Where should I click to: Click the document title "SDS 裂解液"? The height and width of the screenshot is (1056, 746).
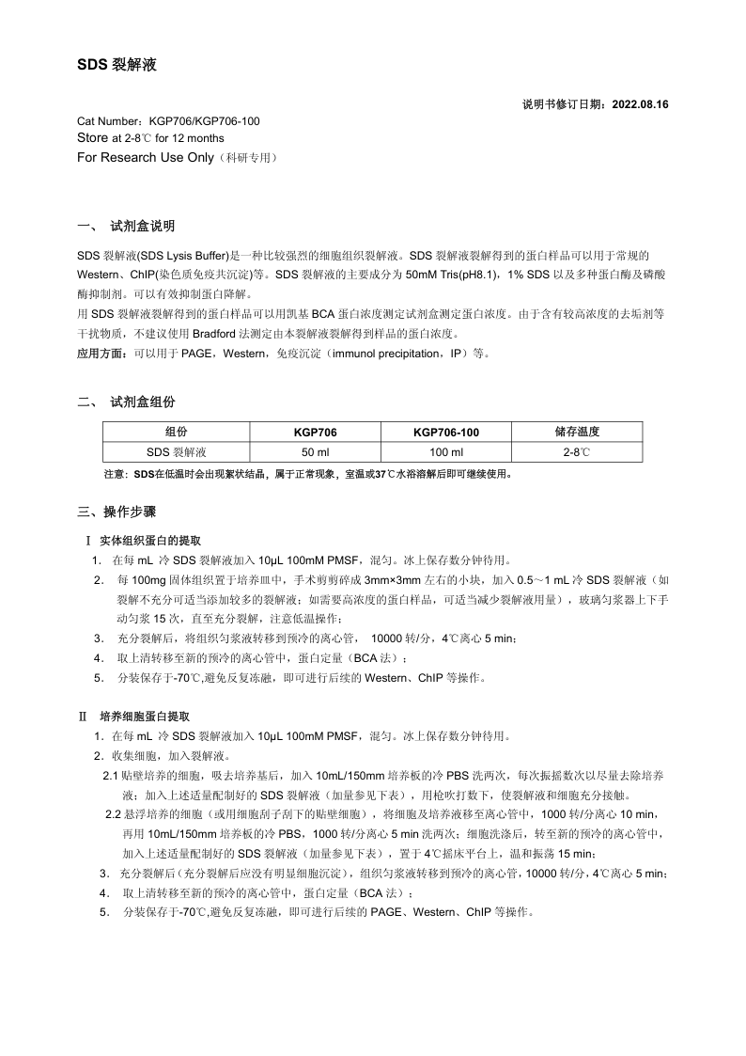point(117,65)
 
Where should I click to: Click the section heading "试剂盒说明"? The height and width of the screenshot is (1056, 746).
point(142,227)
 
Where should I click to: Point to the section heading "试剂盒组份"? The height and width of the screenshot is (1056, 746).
point(142,402)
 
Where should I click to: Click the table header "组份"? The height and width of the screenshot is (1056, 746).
point(176,432)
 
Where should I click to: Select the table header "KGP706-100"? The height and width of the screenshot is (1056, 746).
point(445,432)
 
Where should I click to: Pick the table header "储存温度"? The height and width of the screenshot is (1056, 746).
point(577,432)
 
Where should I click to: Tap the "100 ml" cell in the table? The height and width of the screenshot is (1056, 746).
point(445,452)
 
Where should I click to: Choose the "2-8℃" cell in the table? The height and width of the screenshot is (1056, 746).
point(577,452)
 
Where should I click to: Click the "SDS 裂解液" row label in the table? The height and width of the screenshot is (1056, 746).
point(176,452)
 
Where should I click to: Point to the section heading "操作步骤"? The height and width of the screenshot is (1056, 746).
point(130,512)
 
